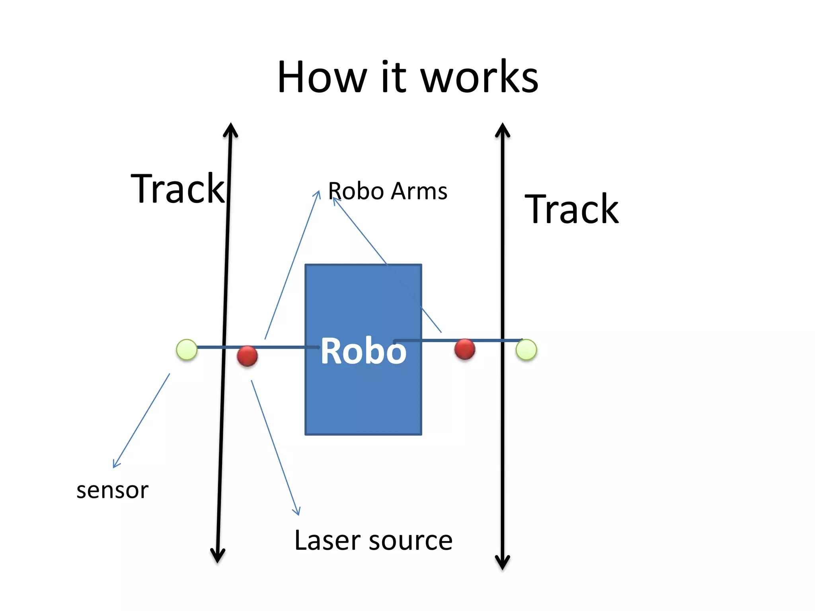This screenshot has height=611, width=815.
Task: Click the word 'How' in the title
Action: (x=322, y=77)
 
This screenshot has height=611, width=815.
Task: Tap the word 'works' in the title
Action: (x=479, y=77)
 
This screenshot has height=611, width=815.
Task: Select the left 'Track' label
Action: (x=177, y=189)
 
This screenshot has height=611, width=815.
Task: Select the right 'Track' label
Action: (x=571, y=210)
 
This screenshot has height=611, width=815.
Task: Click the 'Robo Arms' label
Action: (x=387, y=191)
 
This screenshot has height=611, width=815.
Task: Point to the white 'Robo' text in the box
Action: (x=363, y=351)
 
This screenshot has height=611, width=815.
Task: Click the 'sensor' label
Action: (x=112, y=490)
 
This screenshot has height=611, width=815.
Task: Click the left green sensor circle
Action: (x=187, y=350)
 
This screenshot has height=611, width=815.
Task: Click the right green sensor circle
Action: (x=526, y=350)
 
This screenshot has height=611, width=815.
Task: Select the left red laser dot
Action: (x=247, y=356)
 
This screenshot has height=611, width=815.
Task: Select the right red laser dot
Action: (x=464, y=349)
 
